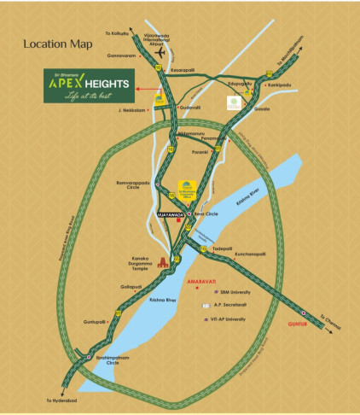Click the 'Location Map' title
56,44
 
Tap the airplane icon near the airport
160,54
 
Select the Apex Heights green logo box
90,89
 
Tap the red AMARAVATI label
203,280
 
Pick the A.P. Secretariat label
229,306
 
